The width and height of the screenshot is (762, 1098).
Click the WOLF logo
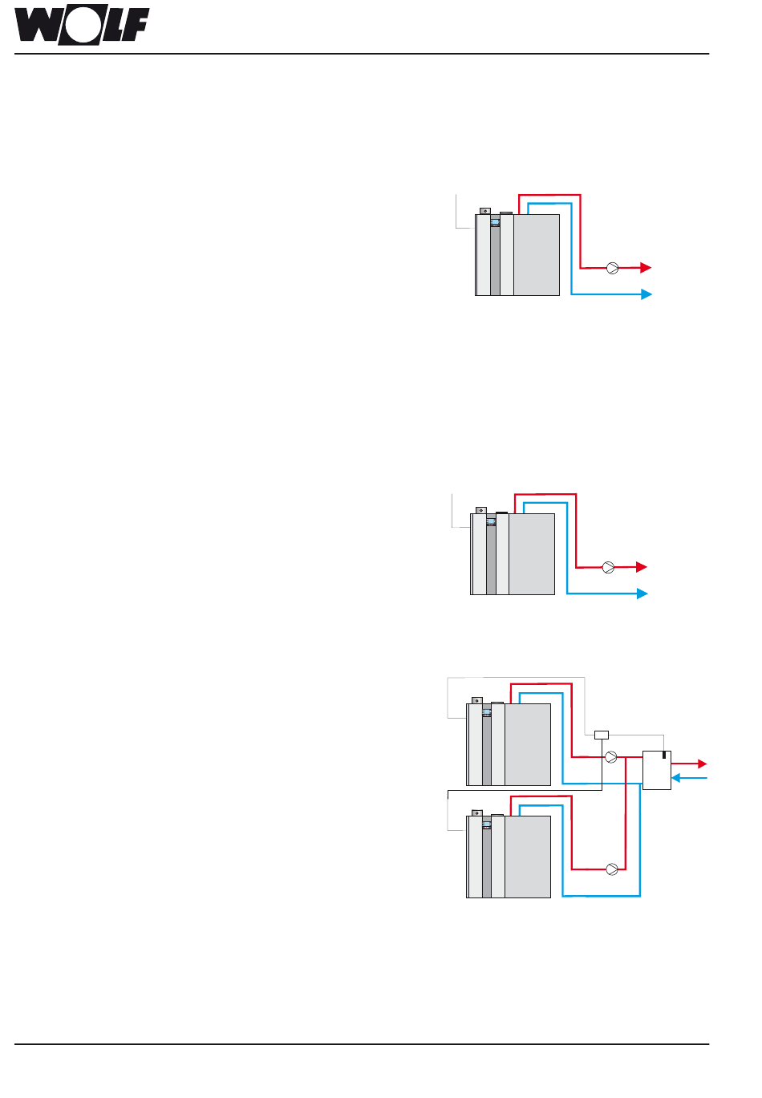pyautogui.click(x=82, y=25)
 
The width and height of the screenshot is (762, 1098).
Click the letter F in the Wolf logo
pyautogui.click(x=135, y=25)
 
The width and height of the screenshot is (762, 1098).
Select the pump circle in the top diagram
pyautogui.click(x=613, y=268)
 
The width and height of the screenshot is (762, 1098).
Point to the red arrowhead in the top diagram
pyautogui.click(x=646, y=268)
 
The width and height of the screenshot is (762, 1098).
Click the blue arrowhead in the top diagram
pyautogui.click(x=646, y=294)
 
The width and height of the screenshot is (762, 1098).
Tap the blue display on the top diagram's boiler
pyautogui.click(x=495, y=222)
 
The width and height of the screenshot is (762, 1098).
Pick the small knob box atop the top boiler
pyautogui.click(x=485, y=211)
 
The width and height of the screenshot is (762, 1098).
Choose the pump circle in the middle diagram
pyautogui.click(x=608, y=568)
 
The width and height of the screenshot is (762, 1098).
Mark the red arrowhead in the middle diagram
pyautogui.click(x=642, y=567)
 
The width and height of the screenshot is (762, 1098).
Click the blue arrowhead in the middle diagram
pyautogui.click(x=642, y=594)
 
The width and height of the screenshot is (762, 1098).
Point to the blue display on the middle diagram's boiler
pyautogui.click(x=491, y=521)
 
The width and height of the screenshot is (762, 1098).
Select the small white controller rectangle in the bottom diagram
pyautogui.click(x=602, y=735)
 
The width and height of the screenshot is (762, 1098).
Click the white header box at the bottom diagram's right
pyautogui.click(x=657, y=770)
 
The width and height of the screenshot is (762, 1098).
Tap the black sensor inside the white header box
pyautogui.click(x=664, y=755)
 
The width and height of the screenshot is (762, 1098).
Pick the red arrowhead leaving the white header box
pyautogui.click(x=703, y=764)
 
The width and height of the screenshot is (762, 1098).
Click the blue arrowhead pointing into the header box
pyautogui.click(x=675, y=778)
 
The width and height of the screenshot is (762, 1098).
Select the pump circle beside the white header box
pyautogui.click(x=611, y=757)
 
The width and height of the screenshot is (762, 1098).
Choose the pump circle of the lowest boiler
pyautogui.click(x=612, y=869)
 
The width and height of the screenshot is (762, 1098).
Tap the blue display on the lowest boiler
pyautogui.click(x=486, y=825)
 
